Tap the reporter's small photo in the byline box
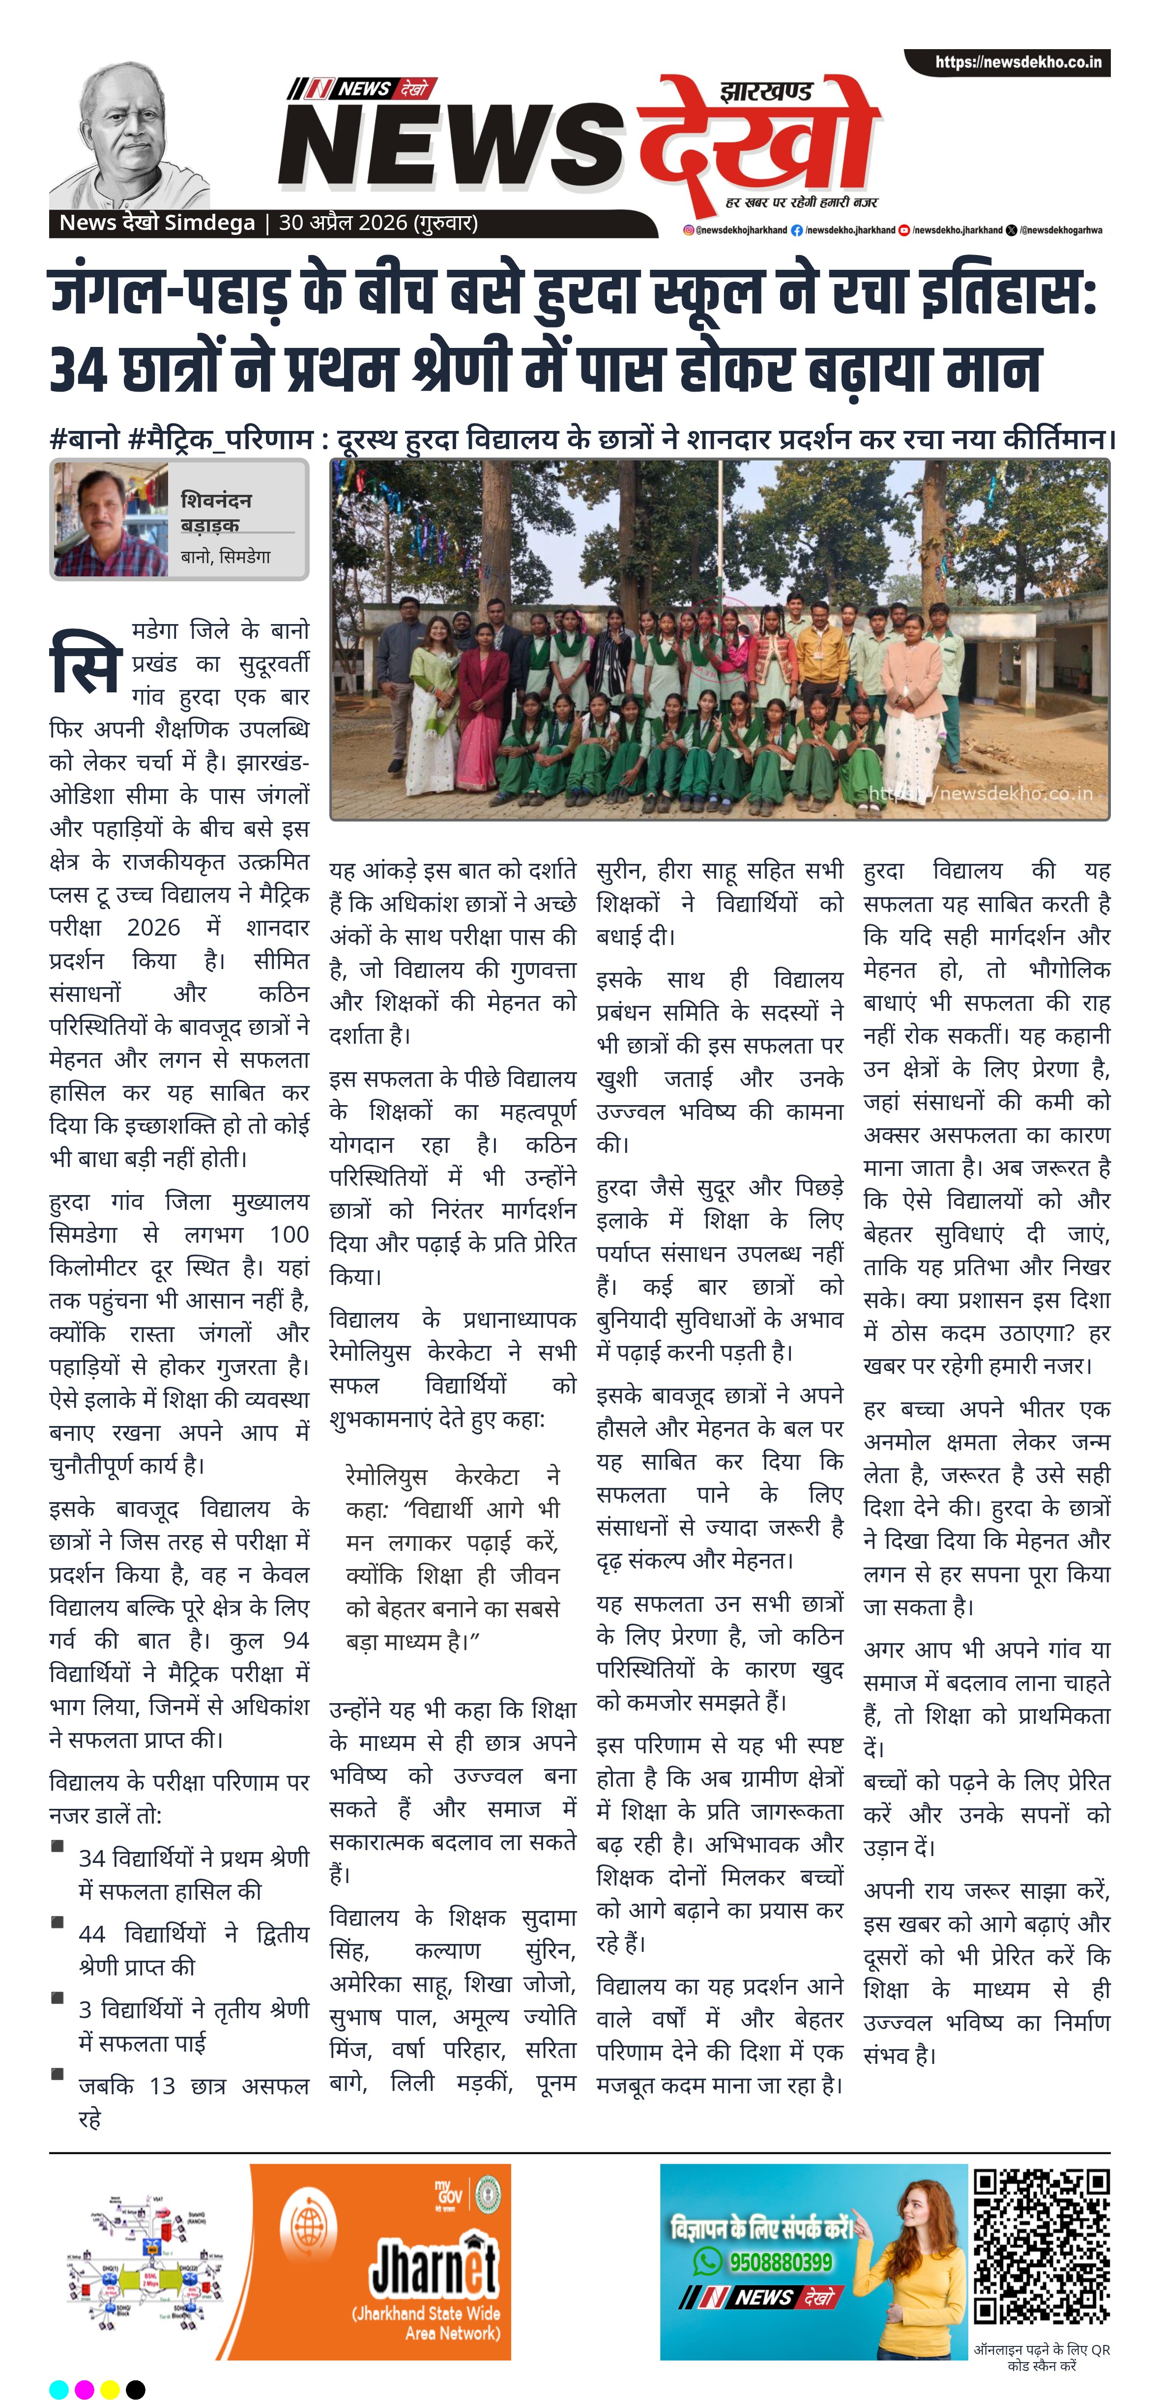tap(110, 521)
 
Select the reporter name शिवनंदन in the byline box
tap(216, 500)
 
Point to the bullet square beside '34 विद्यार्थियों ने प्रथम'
tap(58, 1846)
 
